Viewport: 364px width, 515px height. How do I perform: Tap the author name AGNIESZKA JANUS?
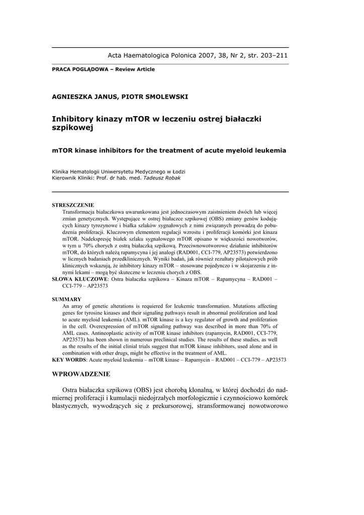coord(82,97)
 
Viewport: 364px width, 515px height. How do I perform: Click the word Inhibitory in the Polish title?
coord(73,119)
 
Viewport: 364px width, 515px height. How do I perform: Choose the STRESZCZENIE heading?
coord(73,205)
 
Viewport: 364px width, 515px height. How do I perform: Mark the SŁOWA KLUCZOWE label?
coord(80,279)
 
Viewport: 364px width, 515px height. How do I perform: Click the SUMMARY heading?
coord(66,299)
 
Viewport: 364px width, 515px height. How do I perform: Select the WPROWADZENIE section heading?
coord(81,374)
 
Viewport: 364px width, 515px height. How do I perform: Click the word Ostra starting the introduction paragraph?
coord(71,390)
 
